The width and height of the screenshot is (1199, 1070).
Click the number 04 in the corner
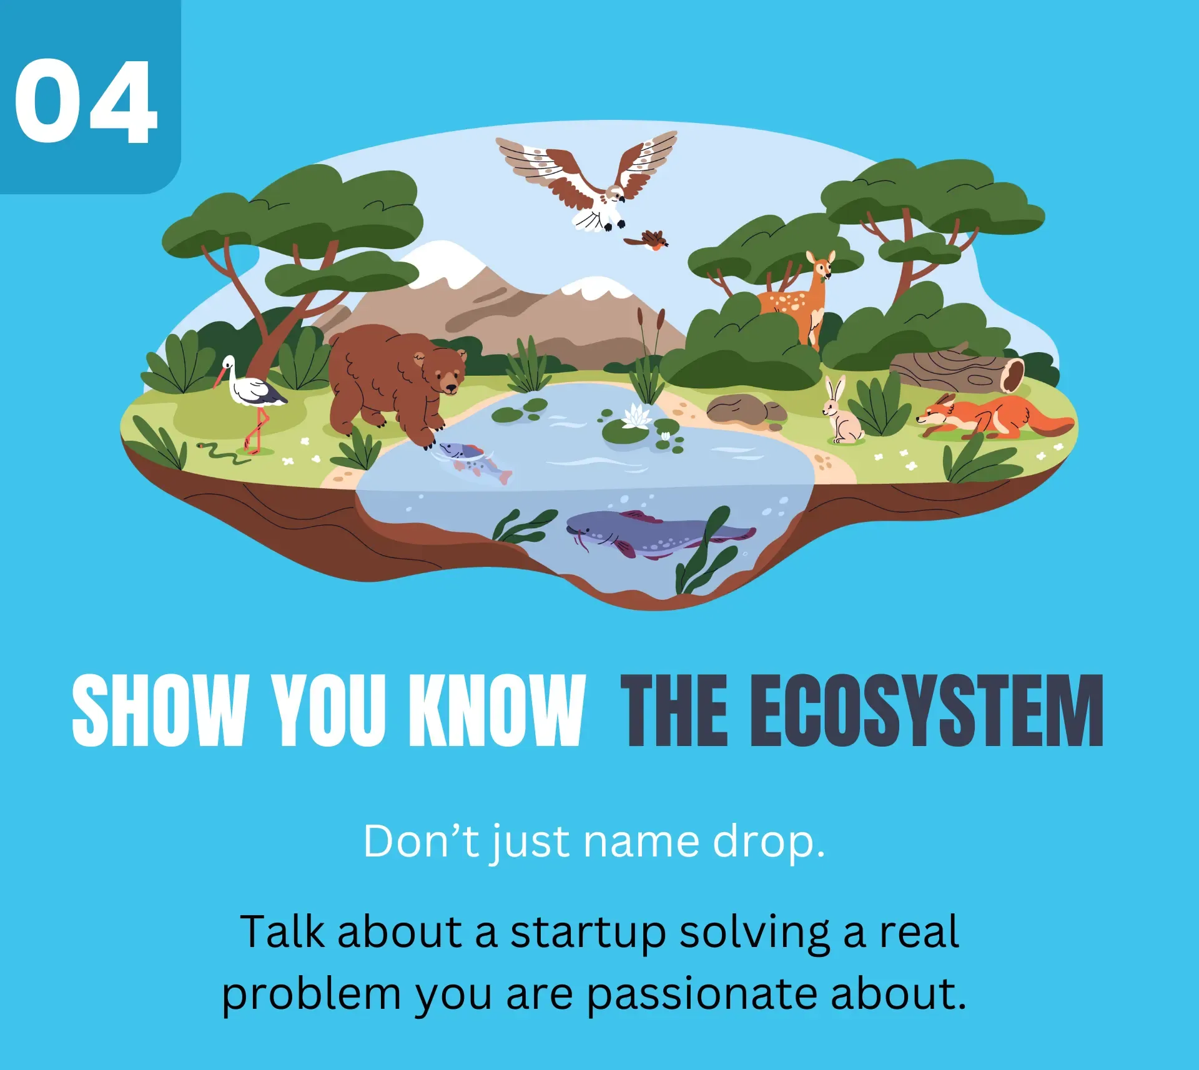point(86,102)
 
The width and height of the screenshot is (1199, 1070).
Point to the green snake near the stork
point(222,452)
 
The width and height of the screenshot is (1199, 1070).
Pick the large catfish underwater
point(659,533)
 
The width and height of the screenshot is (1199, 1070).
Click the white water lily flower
point(637,415)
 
